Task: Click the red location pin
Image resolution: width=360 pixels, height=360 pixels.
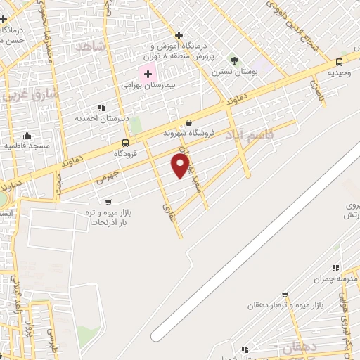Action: coord(181,165)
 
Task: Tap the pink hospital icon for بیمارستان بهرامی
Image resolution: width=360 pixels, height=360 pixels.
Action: coord(148,73)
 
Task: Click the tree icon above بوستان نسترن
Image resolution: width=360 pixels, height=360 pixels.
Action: coord(234,60)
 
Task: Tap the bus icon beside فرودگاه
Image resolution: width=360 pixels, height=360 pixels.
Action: coord(125,142)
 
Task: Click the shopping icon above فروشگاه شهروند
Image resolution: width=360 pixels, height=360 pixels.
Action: coord(188,122)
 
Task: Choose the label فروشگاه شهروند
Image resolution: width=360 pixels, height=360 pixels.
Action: coord(187,132)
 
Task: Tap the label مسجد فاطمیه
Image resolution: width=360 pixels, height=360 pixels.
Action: coord(27,146)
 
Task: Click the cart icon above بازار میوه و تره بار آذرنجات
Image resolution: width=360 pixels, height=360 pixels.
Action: coord(108,202)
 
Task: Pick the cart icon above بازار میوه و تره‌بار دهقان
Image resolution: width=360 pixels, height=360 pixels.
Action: coord(284,295)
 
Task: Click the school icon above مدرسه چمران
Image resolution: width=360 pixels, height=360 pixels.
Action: coord(336,268)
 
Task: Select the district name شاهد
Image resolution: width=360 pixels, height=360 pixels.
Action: coord(92,46)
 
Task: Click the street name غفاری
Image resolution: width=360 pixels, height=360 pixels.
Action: coord(168,210)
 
